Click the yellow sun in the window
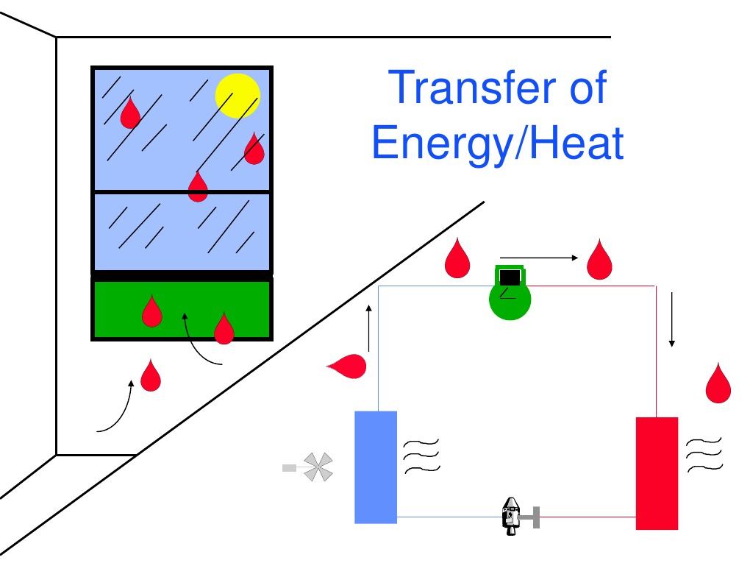pyautogui.click(x=238, y=96)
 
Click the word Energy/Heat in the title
pyautogui.click(x=498, y=143)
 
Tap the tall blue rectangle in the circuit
pyautogui.click(x=376, y=467)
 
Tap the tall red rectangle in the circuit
pyautogui.click(x=657, y=472)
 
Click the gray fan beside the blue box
pyautogui.click(x=318, y=467)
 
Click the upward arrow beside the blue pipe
pyautogui.click(x=369, y=327)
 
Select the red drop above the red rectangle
pyautogui.click(x=718, y=383)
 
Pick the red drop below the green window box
pyautogui.click(x=151, y=375)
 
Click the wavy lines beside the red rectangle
pyautogui.click(x=704, y=455)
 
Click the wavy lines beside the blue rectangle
pyautogui.click(x=421, y=455)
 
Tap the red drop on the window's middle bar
pyautogui.click(x=198, y=186)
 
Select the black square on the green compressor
pyautogui.click(x=510, y=277)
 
